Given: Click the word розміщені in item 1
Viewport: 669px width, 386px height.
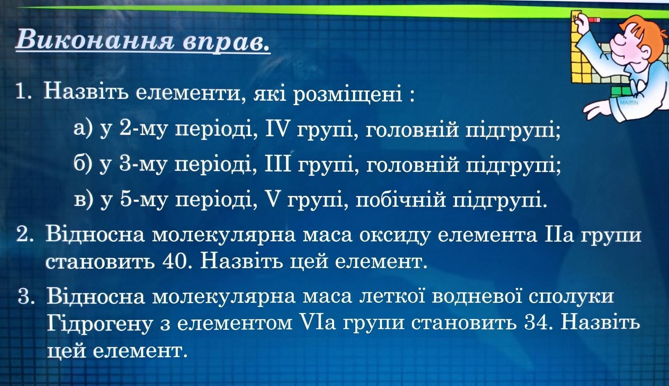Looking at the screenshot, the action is point(347,95).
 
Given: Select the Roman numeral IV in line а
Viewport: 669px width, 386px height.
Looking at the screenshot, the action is point(277,130).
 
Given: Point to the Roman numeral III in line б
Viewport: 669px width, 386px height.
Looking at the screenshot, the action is point(278,164).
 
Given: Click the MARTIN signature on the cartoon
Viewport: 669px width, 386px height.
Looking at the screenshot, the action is point(629,103).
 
